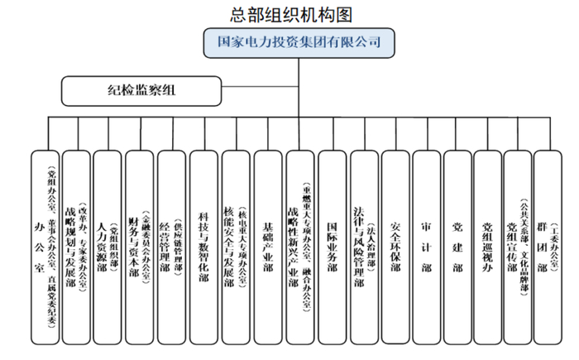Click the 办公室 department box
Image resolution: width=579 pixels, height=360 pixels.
pyautogui.click(x=45, y=247)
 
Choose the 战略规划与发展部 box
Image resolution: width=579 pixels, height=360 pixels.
pyautogui.click(x=77, y=247)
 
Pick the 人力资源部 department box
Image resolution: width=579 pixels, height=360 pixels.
pyautogui.click(x=108, y=247)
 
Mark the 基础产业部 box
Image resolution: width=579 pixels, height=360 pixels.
pyautogui.click(x=267, y=247)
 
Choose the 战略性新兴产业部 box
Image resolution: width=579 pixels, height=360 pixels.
pyautogui.click(x=299, y=247)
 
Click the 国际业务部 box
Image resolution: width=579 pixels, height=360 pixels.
pyautogui.click(x=332, y=247)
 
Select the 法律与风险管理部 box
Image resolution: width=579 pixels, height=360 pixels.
pyautogui.click(x=364, y=247)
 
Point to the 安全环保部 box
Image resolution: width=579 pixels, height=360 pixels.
pyautogui.click(x=395, y=247)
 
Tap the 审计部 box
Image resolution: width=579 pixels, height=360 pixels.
pyautogui.click(x=427, y=247)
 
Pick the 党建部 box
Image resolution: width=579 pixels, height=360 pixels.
pyautogui.click(x=458, y=247)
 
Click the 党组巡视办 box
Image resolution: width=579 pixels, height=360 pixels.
pyautogui.click(x=489, y=247)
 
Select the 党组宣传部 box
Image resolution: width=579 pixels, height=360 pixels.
pyautogui.click(x=519, y=247)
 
